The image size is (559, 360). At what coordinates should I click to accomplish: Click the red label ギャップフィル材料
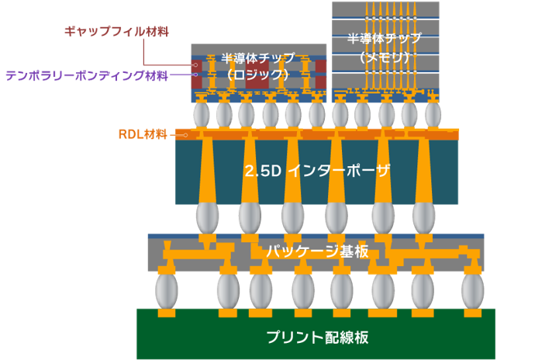(116, 32)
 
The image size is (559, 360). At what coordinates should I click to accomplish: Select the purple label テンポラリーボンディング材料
(86, 76)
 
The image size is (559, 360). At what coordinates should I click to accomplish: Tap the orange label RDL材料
(143, 134)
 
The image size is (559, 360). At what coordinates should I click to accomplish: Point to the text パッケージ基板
(318, 251)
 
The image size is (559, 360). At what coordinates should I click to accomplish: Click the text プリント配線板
(316, 337)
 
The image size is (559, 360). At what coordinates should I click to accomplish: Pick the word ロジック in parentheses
(258, 74)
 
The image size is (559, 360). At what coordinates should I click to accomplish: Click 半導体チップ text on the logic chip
(258, 58)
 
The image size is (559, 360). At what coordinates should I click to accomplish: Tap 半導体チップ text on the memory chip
(385, 38)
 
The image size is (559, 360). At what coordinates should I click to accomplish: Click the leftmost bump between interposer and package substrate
(207, 218)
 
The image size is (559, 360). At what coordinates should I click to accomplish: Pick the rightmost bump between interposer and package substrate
(423, 218)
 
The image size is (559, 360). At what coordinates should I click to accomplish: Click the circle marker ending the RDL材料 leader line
(185, 134)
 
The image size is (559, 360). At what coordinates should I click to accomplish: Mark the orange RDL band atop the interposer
(318, 133)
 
